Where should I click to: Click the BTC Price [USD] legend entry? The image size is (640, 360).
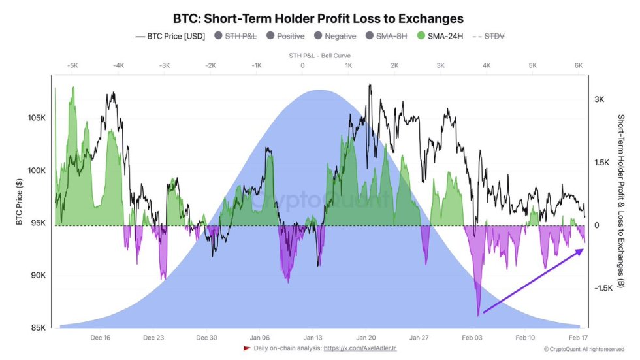[x=170, y=37]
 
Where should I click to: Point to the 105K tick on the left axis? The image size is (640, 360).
[x=36, y=118]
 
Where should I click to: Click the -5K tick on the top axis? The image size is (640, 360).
[x=72, y=66]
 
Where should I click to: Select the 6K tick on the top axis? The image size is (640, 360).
[x=579, y=66]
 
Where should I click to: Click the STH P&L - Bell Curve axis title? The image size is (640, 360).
[x=319, y=56]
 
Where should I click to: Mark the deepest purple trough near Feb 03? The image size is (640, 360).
[x=479, y=315]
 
